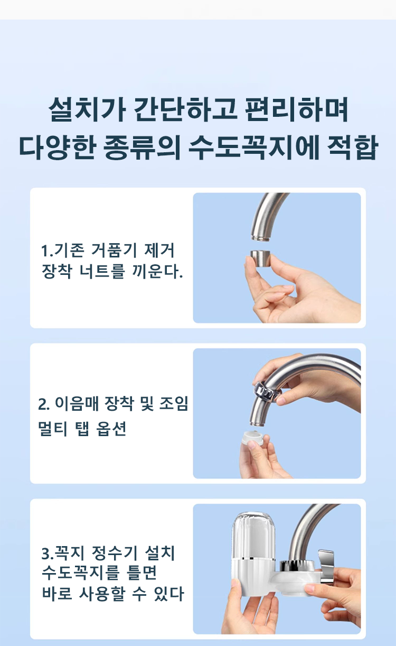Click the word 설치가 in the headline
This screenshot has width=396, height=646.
click(87, 110)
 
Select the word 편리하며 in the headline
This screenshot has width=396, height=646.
click(297, 110)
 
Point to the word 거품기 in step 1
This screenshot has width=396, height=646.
click(114, 251)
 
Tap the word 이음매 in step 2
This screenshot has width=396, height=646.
click(77, 404)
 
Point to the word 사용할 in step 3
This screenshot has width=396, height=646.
click(102, 594)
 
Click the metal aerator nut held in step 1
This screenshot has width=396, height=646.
click(260, 259)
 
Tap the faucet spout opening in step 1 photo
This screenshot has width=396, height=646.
click(261, 238)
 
